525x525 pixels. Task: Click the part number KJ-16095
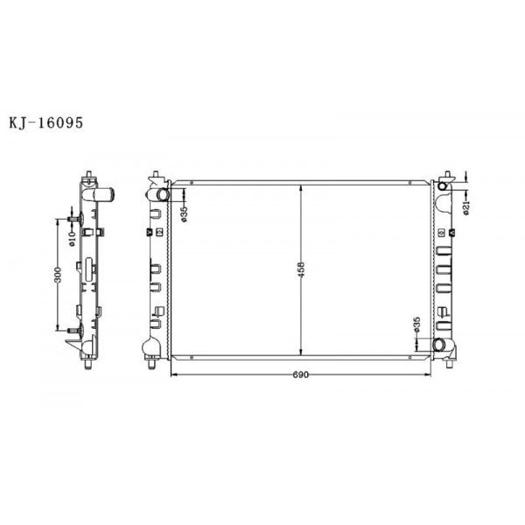click(x=45, y=124)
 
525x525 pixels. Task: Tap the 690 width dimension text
click(x=302, y=374)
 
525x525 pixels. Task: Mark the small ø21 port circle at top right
click(x=443, y=186)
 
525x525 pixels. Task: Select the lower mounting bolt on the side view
click(x=73, y=329)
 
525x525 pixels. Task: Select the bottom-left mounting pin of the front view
click(x=155, y=365)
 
